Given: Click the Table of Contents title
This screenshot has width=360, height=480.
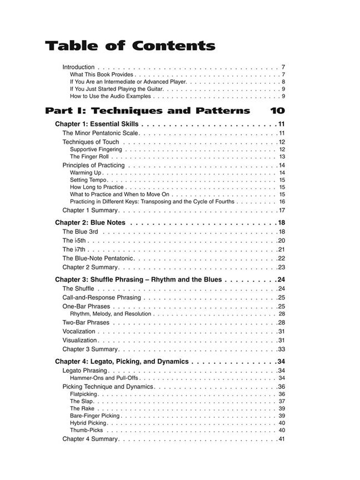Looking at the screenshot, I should (129, 46).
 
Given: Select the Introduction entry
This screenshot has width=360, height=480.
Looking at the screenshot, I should (78, 67).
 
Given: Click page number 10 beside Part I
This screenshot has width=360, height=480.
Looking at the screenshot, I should (277, 111).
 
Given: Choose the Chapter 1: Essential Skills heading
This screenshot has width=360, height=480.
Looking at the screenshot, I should (97, 124).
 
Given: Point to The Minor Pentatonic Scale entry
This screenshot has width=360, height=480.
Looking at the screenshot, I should (100, 133).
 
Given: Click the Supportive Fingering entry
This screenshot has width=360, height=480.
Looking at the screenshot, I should (96, 149).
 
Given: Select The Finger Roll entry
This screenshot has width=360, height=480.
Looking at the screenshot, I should (89, 157).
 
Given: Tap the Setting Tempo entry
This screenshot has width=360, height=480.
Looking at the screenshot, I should (88, 180).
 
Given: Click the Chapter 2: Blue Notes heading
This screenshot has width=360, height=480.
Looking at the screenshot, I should (90, 223).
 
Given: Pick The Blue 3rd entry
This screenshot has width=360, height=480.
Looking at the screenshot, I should (80, 232).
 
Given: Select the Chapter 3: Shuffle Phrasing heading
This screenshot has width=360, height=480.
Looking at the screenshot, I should (138, 279).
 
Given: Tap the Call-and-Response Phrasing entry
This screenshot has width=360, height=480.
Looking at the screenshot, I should (101, 298).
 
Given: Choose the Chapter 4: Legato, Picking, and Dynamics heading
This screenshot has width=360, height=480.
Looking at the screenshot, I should (122, 362).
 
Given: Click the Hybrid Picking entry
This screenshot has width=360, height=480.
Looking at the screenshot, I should (88, 423).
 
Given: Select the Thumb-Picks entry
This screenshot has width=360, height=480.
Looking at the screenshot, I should (86, 430).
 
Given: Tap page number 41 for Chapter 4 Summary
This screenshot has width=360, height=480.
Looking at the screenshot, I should (281, 439).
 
